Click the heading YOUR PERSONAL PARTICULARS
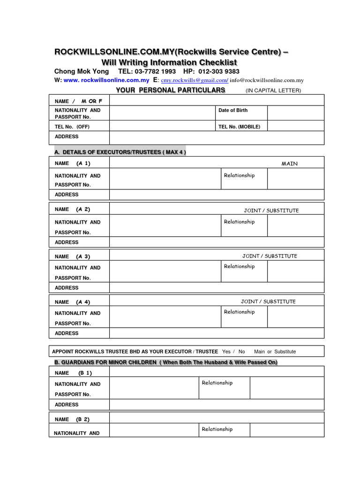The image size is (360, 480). click(171, 90)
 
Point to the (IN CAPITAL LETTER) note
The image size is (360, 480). click(273, 90)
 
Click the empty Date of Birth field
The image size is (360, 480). click(295, 113)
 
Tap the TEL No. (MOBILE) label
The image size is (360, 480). click(239, 127)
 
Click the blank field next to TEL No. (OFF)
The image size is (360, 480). click(161, 127)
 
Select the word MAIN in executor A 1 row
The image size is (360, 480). click(289, 164)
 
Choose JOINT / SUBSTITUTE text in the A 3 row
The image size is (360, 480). click(270, 256)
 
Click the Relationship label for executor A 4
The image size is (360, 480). click(239, 312)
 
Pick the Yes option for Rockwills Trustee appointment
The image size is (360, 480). click(226, 351)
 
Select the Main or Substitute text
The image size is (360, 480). click(275, 351)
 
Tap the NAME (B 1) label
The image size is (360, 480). click(73, 373)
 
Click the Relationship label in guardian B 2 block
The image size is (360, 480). click(217, 429)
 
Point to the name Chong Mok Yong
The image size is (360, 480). click(82, 71)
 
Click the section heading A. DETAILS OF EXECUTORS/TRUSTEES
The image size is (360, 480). click(120, 152)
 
